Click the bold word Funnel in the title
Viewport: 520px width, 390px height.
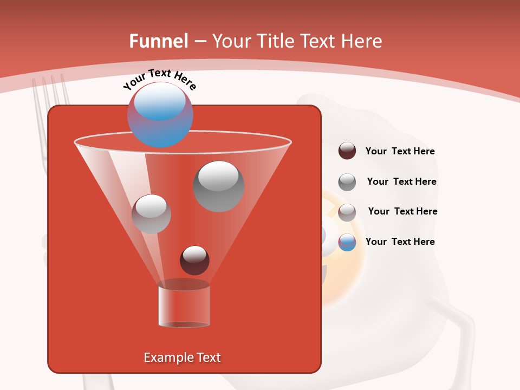click(159, 41)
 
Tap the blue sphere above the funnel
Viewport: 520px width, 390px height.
click(160, 115)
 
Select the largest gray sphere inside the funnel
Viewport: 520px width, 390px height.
click(219, 186)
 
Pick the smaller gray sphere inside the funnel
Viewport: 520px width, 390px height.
click(152, 213)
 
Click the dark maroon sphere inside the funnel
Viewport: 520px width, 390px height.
click(194, 260)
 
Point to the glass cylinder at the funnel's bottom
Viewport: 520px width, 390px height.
click(184, 306)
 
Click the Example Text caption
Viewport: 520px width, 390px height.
click(183, 357)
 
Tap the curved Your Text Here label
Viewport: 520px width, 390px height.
click(159, 79)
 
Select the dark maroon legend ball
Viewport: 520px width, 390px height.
click(347, 151)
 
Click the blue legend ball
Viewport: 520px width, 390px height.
click(347, 242)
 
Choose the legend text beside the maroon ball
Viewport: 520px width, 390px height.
click(400, 152)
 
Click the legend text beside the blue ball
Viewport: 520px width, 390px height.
click(400, 242)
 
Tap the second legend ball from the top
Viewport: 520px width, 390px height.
click(347, 182)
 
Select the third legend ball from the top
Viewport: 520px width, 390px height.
click(347, 212)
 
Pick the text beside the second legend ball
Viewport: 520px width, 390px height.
click(401, 182)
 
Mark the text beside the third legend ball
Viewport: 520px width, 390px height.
click(402, 212)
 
